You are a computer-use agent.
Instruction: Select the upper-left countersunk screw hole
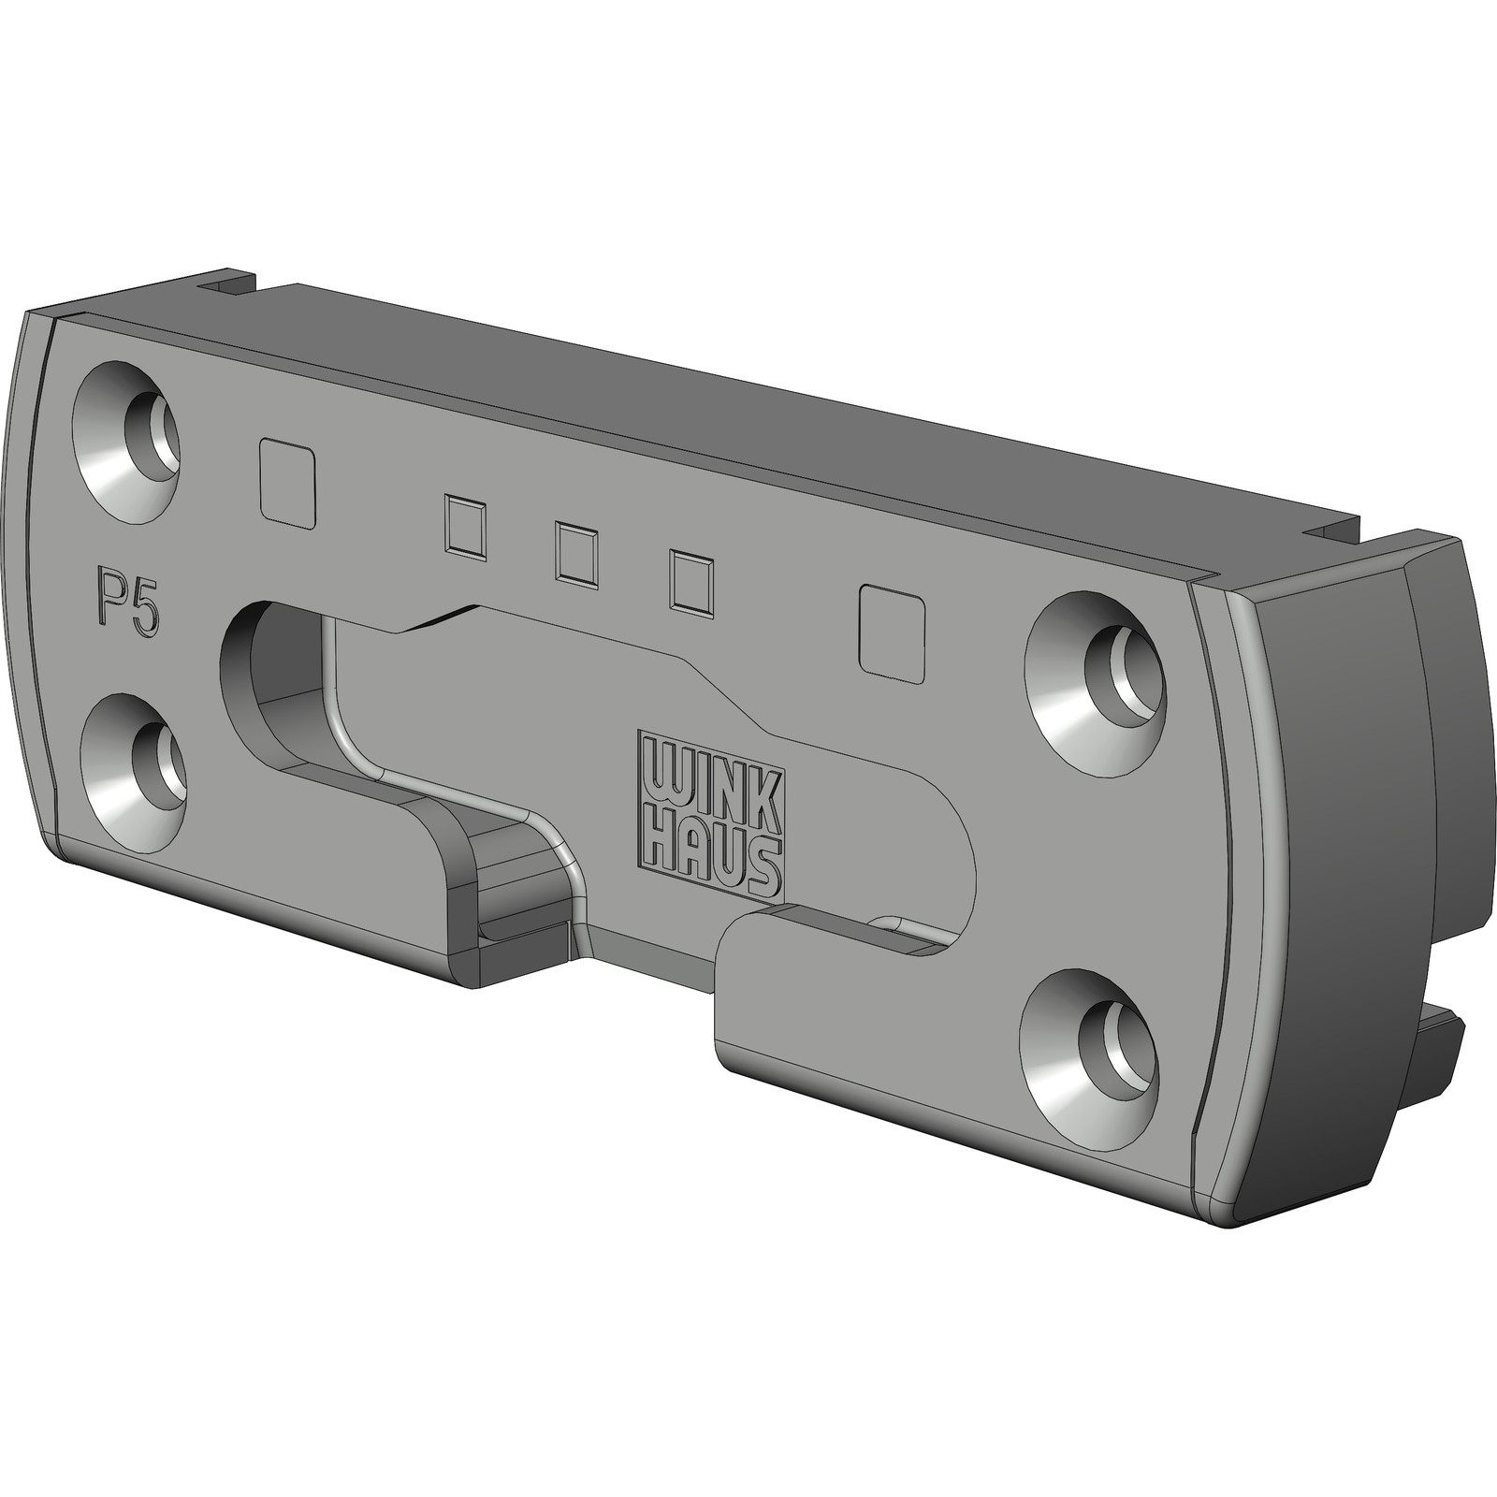(130, 439)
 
